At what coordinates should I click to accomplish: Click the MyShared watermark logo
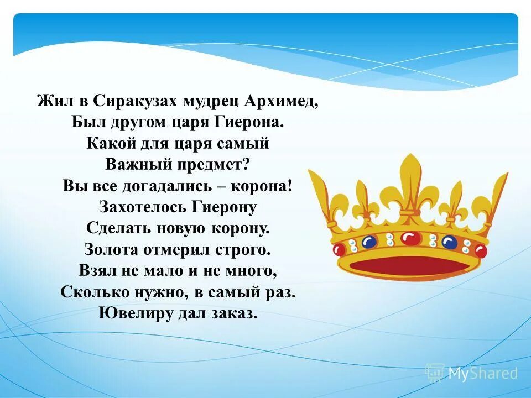[x=471, y=374]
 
